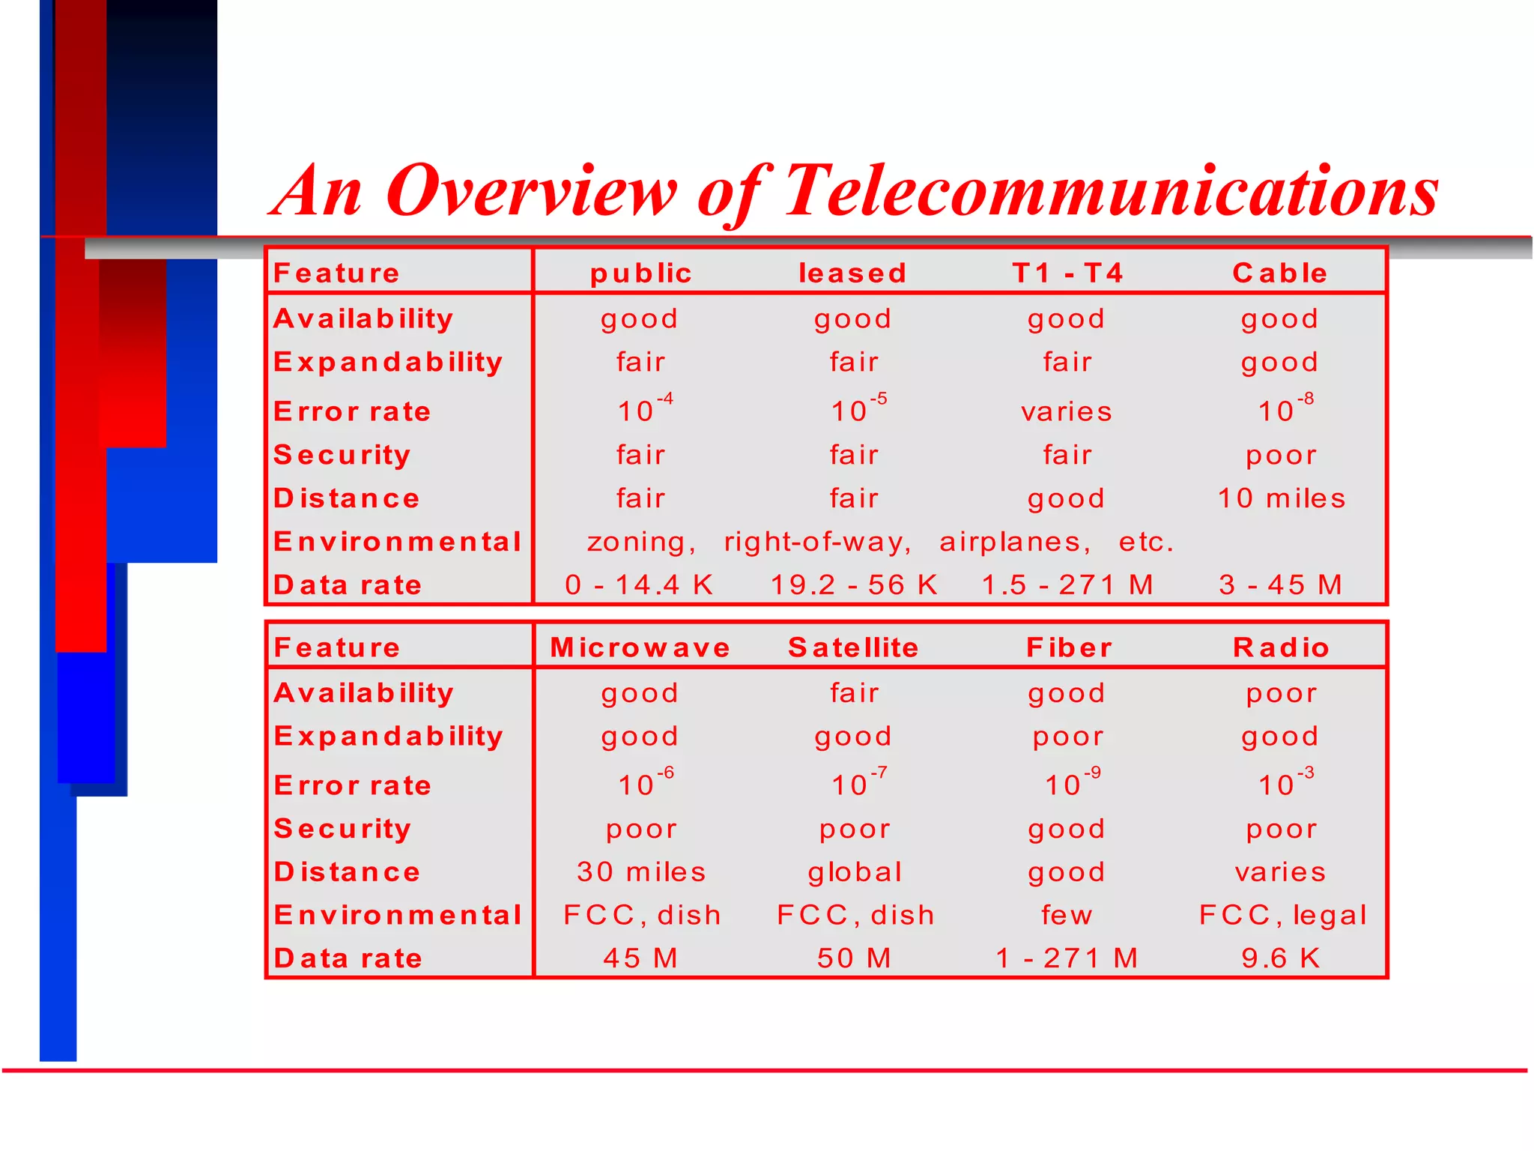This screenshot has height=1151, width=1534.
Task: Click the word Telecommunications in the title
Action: pos(1111,192)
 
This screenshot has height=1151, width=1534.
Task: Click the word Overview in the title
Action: pos(532,192)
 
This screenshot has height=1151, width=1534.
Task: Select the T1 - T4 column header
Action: pos(1067,273)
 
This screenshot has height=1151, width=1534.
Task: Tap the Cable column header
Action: pos(1280,273)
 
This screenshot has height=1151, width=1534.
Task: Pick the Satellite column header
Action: pos(853,647)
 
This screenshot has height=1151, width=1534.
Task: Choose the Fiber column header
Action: pos(1069,647)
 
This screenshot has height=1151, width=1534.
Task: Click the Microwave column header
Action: pos(640,647)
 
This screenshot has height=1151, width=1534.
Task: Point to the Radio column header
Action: pos(1281,647)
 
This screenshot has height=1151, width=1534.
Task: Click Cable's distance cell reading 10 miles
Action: pos(1281,498)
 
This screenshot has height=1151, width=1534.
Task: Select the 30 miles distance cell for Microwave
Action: pos(641,872)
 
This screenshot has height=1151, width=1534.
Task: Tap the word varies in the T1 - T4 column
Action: pos(1067,411)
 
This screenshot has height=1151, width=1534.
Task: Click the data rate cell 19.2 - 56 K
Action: pos(854,585)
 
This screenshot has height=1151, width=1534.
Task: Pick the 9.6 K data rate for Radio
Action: pos(1280,958)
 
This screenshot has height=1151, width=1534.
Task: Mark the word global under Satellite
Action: pos(855,872)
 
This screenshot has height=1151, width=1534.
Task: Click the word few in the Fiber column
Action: pos(1067,915)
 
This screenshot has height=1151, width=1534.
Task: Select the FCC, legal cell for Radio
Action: pos(1282,915)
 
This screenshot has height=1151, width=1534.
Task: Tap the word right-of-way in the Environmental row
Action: pos(817,542)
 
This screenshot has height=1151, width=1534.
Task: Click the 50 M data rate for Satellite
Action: pos(854,958)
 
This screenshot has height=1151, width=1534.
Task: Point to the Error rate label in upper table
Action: pos(352,411)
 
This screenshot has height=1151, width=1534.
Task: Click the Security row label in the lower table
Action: pos(342,829)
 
